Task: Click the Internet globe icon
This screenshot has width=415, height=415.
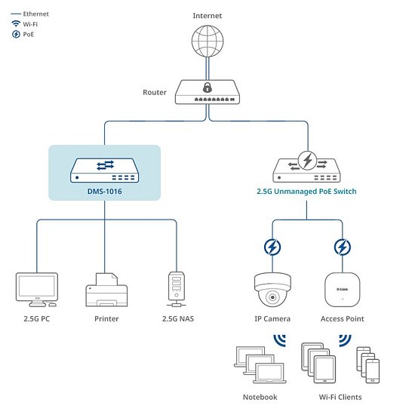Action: [207, 43]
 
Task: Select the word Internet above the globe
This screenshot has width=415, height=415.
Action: [207, 15]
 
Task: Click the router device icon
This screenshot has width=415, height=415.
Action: [207, 92]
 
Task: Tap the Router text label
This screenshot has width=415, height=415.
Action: [154, 93]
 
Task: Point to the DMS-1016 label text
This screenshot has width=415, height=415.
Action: [104, 192]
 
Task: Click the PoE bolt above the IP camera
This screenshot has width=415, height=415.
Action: [273, 247]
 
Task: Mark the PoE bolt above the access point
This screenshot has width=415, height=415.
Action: [342, 247]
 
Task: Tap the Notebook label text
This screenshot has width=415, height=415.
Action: [260, 397]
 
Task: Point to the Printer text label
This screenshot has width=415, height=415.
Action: [106, 319]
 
